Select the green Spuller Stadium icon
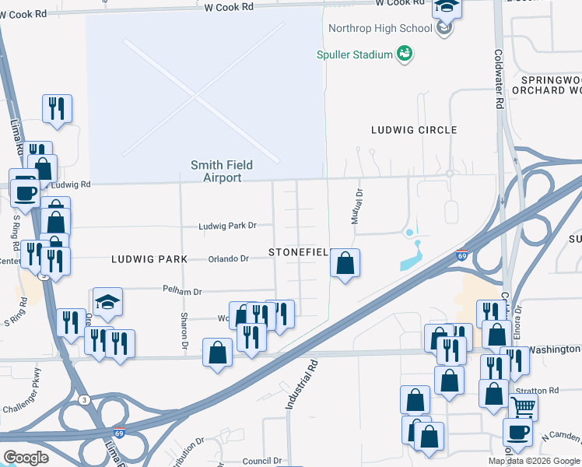click(404, 53)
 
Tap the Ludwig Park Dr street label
click(227, 226)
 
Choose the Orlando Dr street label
click(228, 258)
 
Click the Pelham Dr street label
click(182, 291)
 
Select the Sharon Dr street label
click(184, 330)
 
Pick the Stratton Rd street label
click(542, 389)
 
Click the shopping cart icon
click(523, 406)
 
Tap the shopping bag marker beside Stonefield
click(345, 263)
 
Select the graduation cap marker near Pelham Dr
click(107, 302)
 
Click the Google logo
click(26, 458)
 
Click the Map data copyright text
click(535, 461)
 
